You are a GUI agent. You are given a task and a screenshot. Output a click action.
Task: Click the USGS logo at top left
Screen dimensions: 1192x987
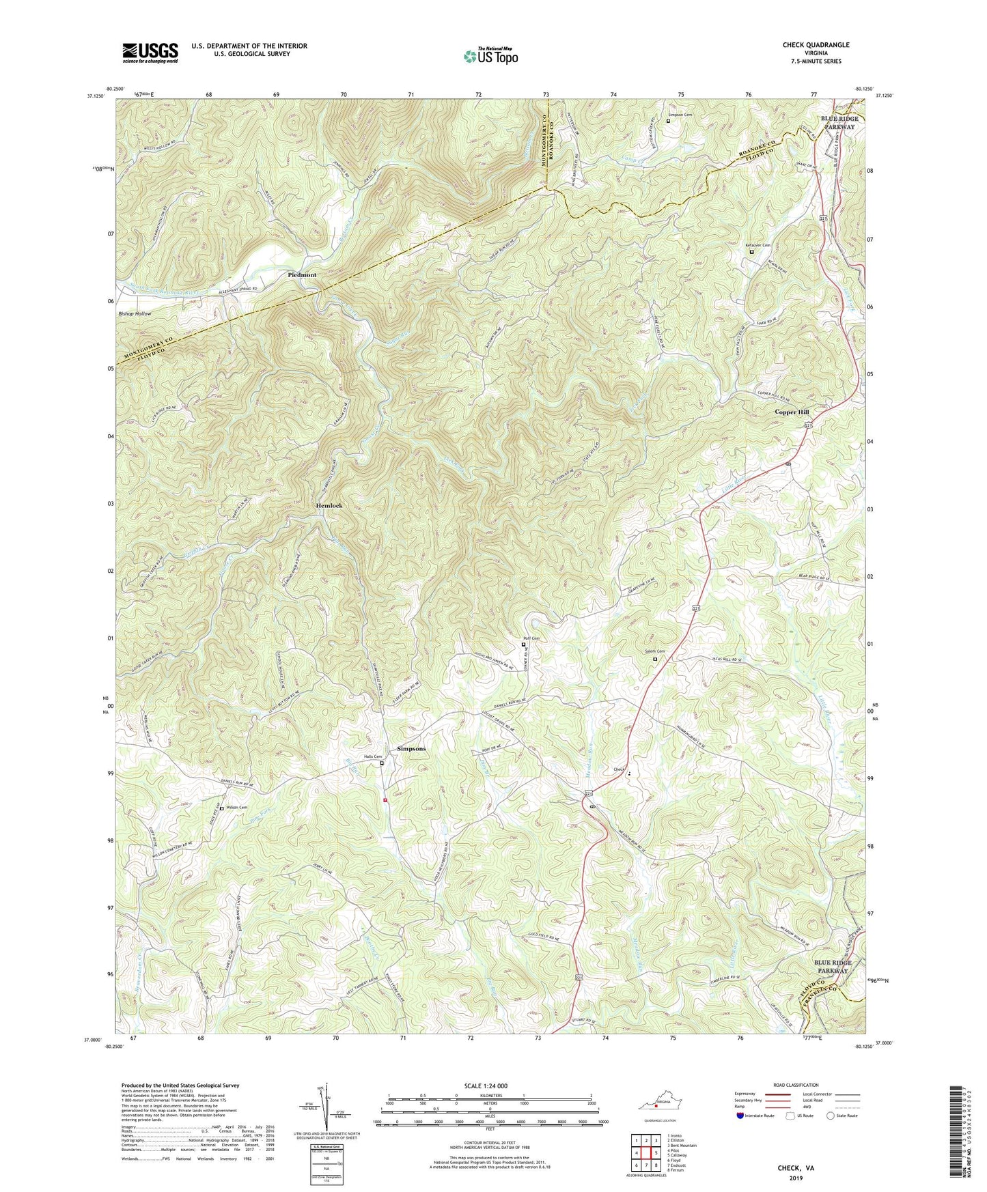coord(150,53)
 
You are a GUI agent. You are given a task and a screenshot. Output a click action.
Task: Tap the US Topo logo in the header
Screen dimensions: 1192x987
coord(490,56)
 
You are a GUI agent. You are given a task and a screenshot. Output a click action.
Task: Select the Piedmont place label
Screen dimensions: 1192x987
coord(301,274)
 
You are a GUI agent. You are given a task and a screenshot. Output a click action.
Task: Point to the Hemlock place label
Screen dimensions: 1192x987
coord(329,505)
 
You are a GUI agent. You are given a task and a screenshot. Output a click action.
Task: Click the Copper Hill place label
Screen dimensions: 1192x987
coord(792,412)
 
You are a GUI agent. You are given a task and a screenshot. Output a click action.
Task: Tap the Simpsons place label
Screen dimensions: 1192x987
coord(411,748)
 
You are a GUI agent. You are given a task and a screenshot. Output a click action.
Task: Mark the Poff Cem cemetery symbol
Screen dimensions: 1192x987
coord(524,644)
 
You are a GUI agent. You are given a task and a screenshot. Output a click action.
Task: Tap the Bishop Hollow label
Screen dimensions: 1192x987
coord(134,313)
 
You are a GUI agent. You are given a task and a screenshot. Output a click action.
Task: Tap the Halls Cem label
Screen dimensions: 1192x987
coord(372,756)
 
